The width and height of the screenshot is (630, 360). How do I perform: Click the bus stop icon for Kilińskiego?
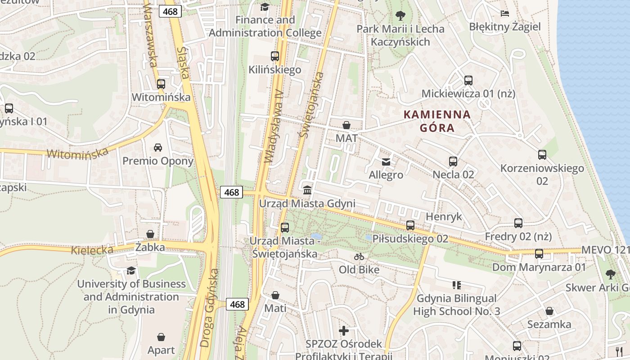pos(274,56)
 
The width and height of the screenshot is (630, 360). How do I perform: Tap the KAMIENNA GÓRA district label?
pos(437,121)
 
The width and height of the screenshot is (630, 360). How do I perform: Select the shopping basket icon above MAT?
pos(346,125)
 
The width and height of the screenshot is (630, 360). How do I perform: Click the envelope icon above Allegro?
pos(386,162)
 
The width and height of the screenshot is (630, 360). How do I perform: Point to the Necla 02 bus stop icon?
pos(453,161)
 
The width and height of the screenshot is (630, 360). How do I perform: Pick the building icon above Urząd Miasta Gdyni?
pos(307,190)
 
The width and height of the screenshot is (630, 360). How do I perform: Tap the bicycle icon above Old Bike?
pos(359,256)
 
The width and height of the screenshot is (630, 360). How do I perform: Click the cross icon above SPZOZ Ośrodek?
pos(344,331)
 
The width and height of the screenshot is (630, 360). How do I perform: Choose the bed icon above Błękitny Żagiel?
pos(505,13)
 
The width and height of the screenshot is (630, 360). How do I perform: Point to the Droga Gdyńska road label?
pos(210,308)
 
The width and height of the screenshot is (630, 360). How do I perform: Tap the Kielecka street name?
pos(92,250)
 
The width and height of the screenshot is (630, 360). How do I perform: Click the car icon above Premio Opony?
pos(158,147)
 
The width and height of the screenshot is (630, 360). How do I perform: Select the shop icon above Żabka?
pos(150,234)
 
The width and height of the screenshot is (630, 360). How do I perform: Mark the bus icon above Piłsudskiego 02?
pos(410,225)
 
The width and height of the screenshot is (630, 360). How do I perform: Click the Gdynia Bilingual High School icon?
pos(457,285)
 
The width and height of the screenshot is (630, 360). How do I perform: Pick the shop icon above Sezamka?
pos(549,311)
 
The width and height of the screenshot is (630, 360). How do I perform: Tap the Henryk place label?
pos(444,216)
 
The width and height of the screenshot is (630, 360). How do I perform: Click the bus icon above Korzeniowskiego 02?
pos(542,155)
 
